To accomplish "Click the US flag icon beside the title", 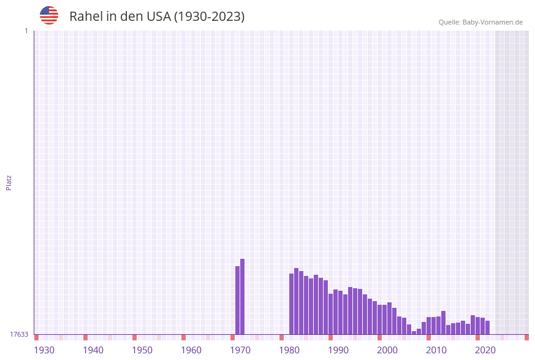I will (49, 15).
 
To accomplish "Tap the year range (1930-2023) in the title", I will (209, 17).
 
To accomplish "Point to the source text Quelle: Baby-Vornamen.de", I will (480, 22).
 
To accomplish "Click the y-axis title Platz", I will (9, 182).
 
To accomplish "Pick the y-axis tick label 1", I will (26, 31).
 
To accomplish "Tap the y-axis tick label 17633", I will (19, 334).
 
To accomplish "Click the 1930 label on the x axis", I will (44, 350).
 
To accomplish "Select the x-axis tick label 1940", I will (93, 350).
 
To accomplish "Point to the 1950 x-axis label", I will (142, 350).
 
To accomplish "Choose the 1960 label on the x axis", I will (191, 350).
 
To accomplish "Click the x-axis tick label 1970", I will (240, 350).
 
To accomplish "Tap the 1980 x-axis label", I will (289, 350).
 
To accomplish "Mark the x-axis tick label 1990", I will (338, 350).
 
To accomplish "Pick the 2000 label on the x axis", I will (387, 350).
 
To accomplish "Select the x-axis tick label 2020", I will (485, 350).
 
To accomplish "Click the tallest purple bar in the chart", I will (242, 297).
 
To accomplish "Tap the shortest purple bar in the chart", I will (414, 332).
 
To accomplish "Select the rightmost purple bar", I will (487, 327).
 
